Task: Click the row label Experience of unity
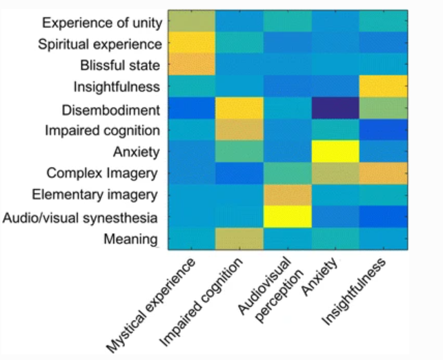coord(102,22)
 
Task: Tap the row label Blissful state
coord(121,66)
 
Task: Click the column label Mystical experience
coord(150,304)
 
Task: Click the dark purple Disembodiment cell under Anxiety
coord(335,108)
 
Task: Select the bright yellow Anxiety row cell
coord(335,152)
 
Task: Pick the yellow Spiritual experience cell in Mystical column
coord(189,43)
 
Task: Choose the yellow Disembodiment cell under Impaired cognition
coord(238,108)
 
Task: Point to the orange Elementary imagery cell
coord(286,195)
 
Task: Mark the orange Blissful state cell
coord(189,66)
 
